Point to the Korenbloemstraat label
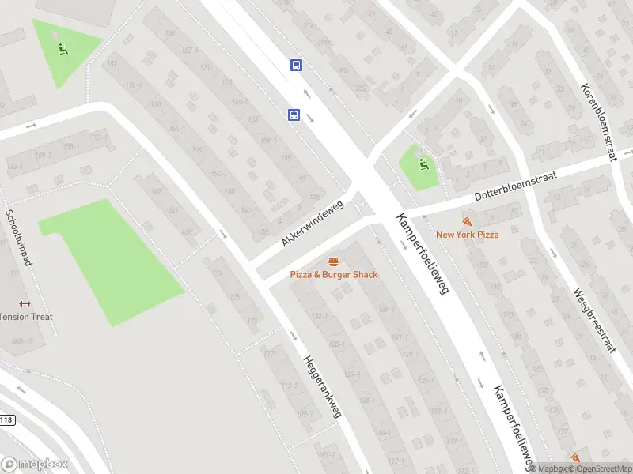pos(598,122)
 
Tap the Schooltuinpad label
pos(17,237)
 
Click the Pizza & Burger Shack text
pos(333,274)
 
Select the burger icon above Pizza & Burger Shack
pos(333,261)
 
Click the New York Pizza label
pos(467,235)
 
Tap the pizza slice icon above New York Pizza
pos(467,222)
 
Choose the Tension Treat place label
pos(25,317)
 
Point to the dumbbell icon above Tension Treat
pos(24,304)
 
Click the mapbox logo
pos(35,465)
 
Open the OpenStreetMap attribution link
pos(601,468)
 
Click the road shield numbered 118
pos(6,419)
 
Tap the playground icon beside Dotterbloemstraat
pos(424,165)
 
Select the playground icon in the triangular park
pos(63,48)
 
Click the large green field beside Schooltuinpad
pos(111,261)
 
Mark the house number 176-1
pos(132,85)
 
